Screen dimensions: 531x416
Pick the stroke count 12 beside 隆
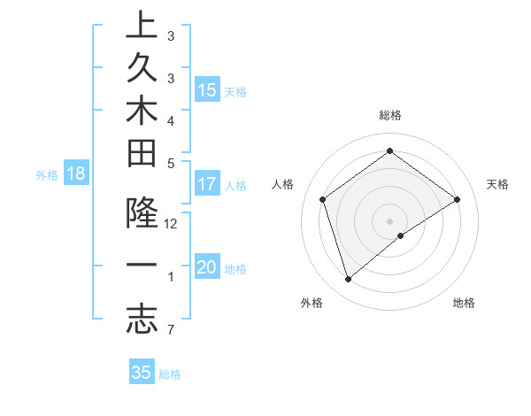coord(171,224)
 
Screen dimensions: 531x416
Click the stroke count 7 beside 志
coord(171,331)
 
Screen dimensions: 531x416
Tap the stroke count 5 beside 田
coord(171,163)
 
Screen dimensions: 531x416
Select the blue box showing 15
coord(207,90)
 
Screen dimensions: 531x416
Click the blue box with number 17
coord(207,185)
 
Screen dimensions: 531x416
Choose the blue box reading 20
coord(207,268)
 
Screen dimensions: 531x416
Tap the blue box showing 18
coord(75,174)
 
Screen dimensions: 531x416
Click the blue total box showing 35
coord(141,373)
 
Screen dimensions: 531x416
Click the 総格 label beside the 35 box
coord(170,374)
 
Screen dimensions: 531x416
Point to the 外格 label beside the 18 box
coord(47,175)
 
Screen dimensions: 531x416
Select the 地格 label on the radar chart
coord(464,303)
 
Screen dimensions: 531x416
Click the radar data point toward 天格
coord(457,199)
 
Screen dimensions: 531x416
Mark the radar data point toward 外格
coord(349,280)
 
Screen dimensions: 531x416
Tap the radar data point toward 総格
coord(389,151)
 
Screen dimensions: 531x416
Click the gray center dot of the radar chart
coord(389,220)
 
